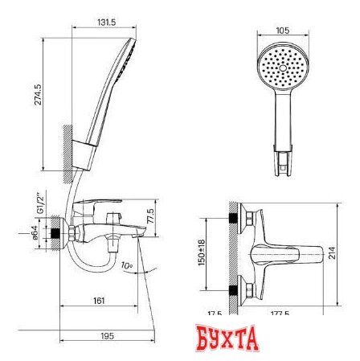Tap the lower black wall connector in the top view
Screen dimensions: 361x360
(235, 290)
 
